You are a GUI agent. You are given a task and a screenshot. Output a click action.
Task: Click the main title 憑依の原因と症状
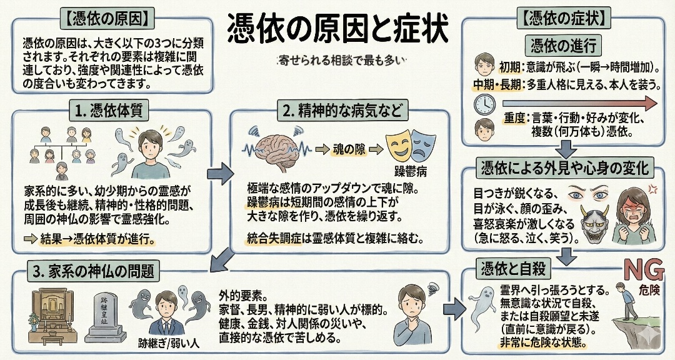pos(337,27)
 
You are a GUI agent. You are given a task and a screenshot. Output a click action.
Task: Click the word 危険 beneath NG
pos(644,291)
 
